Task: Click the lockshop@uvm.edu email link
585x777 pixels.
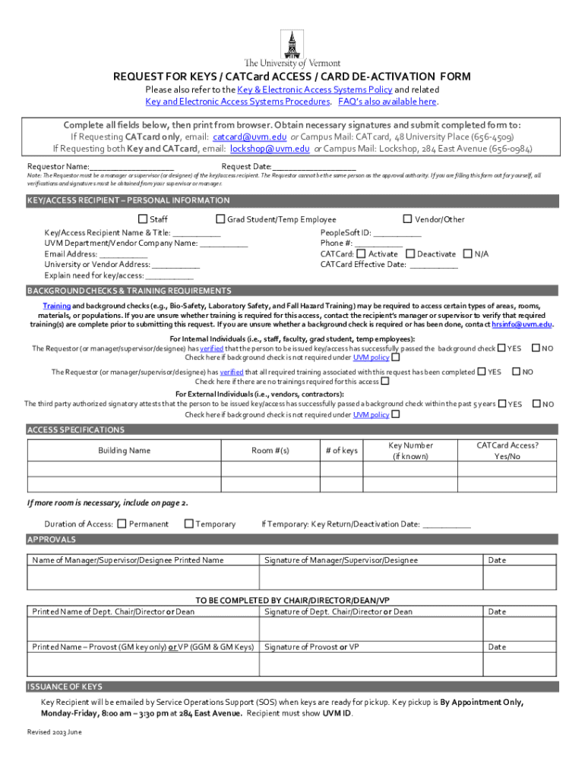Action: click(270, 149)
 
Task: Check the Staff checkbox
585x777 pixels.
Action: click(142, 219)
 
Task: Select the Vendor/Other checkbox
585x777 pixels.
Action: click(408, 219)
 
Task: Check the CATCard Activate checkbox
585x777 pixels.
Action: click(361, 253)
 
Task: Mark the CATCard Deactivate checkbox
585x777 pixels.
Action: click(410, 253)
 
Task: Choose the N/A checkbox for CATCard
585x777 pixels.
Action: click(467, 253)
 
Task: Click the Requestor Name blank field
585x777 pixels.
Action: click(132, 167)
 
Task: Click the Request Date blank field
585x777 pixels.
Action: click(314, 167)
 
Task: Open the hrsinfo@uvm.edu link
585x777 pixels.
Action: click(522, 324)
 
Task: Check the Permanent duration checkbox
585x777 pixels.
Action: click(121, 524)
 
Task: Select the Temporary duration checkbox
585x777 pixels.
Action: click(188, 524)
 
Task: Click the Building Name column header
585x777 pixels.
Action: click(125, 451)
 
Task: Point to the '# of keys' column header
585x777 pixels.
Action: click(341, 451)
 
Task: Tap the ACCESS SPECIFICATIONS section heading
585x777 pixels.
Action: click(76, 430)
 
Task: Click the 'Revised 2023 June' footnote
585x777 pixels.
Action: click(55, 732)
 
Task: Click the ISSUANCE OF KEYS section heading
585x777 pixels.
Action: click(65, 687)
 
